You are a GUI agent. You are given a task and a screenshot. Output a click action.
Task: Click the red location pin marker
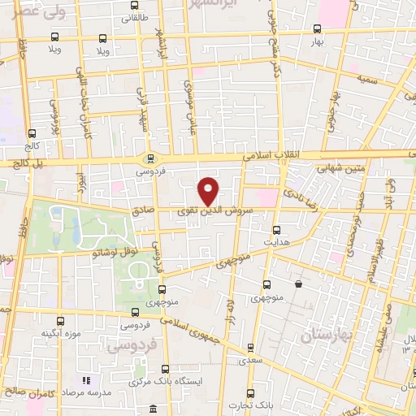[210, 190]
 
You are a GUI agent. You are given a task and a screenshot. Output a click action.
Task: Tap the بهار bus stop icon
[318, 28]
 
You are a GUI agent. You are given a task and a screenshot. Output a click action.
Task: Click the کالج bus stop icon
[32, 133]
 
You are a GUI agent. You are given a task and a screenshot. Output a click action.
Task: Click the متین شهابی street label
[336, 170]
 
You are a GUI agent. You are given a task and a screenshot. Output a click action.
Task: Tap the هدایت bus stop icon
[277, 230]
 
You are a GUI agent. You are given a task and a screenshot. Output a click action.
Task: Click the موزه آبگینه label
[59, 333]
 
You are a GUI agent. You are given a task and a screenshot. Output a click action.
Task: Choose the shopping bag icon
[300, 284]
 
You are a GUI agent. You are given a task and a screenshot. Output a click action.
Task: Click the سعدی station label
[250, 358]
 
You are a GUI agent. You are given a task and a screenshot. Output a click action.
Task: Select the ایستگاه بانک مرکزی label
[167, 380]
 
